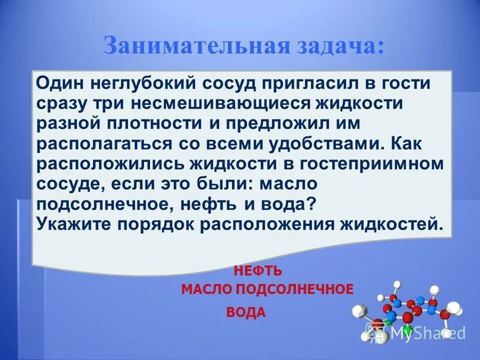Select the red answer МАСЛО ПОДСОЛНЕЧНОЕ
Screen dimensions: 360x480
(x=267, y=289)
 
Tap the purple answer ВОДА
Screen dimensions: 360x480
(x=246, y=313)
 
